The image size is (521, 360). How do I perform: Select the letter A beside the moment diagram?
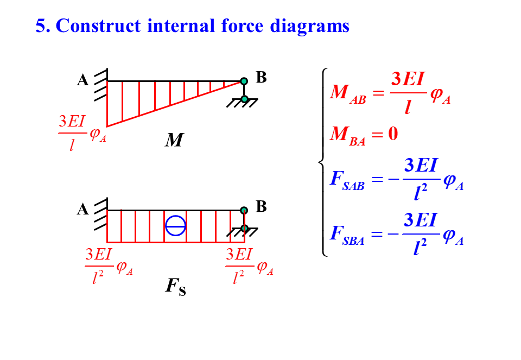[82, 80]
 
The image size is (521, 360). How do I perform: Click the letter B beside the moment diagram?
[261, 78]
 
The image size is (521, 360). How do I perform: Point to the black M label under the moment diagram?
[174, 141]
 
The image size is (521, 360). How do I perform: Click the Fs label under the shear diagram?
[175, 287]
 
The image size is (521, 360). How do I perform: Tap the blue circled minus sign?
[175, 225]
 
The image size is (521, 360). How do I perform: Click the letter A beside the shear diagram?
[82, 210]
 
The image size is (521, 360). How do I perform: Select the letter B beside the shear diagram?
[261, 206]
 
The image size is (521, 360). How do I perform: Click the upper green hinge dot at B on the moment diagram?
[244, 81]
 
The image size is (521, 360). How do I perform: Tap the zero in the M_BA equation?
[393, 134]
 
